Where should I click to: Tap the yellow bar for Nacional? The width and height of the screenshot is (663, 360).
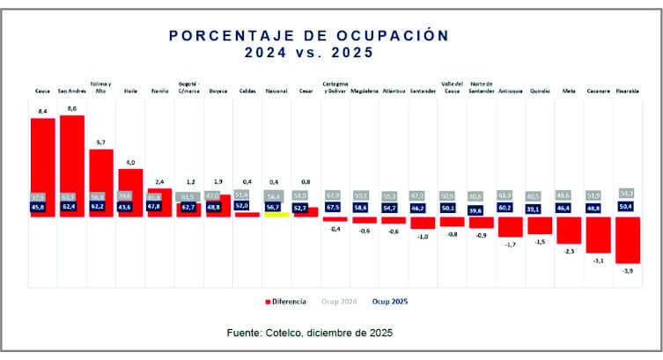click(276, 215)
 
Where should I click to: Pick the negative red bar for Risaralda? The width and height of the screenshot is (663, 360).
click(628, 239)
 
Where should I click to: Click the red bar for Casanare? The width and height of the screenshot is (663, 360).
click(598, 234)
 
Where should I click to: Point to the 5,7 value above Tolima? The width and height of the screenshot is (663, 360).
click(100, 142)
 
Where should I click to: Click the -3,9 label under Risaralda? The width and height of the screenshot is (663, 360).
click(628, 271)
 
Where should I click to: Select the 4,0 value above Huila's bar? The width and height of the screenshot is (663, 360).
click(130, 162)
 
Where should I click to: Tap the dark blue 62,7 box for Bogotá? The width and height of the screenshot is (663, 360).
click(188, 208)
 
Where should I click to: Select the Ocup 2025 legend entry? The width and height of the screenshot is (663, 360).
click(388, 301)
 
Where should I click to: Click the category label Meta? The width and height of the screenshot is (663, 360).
click(569, 91)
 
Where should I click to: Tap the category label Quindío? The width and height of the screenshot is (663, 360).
click(540, 91)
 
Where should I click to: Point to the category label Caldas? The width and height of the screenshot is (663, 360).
click(247, 91)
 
